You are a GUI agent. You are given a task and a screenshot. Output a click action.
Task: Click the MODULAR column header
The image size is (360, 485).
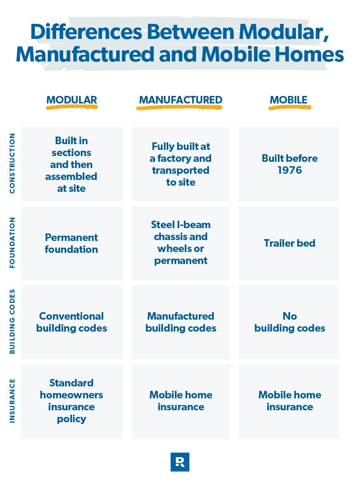[x=72, y=100]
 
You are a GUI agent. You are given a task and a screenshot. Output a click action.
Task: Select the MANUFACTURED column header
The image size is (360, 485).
[x=181, y=100]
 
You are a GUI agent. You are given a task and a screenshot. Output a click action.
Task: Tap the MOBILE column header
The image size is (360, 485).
[x=288, y=100]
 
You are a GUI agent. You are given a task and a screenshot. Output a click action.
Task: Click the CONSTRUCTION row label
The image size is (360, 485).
[x=12, y=163]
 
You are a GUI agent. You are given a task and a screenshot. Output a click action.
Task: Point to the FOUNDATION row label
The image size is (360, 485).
[x=12, y=242]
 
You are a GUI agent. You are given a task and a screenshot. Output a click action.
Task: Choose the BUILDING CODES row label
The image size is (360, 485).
[x=12, y=322]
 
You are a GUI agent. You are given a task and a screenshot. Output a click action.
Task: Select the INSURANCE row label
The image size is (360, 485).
[x=12, y=401]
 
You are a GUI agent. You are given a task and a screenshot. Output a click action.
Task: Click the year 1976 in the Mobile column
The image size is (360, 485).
[x=289, y=170]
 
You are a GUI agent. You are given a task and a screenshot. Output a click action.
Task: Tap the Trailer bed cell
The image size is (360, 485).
[x=289, y=243]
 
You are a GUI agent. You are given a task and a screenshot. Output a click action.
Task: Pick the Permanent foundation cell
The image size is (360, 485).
[x=72, y=244]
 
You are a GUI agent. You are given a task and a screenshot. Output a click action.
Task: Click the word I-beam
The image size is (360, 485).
[x=194, y=225]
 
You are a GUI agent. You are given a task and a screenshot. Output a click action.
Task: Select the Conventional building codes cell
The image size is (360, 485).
[x=72, y=322]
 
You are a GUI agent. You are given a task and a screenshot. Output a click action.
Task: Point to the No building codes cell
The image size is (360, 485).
[x=289, y=322]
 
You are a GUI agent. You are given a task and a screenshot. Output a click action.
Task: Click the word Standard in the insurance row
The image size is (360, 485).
[x=72, y=383]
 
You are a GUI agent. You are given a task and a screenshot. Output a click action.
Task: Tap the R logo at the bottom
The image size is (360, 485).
[x=180, y=462]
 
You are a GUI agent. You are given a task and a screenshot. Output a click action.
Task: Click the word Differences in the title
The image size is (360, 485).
[x=87, y=32]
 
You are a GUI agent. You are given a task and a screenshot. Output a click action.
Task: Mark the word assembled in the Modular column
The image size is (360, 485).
[x=72, y=176]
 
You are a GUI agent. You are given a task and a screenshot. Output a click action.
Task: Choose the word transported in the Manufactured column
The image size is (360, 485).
[x=181, y=170]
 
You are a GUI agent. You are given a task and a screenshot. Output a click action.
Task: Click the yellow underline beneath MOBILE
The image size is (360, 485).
[x=289, y=107]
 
